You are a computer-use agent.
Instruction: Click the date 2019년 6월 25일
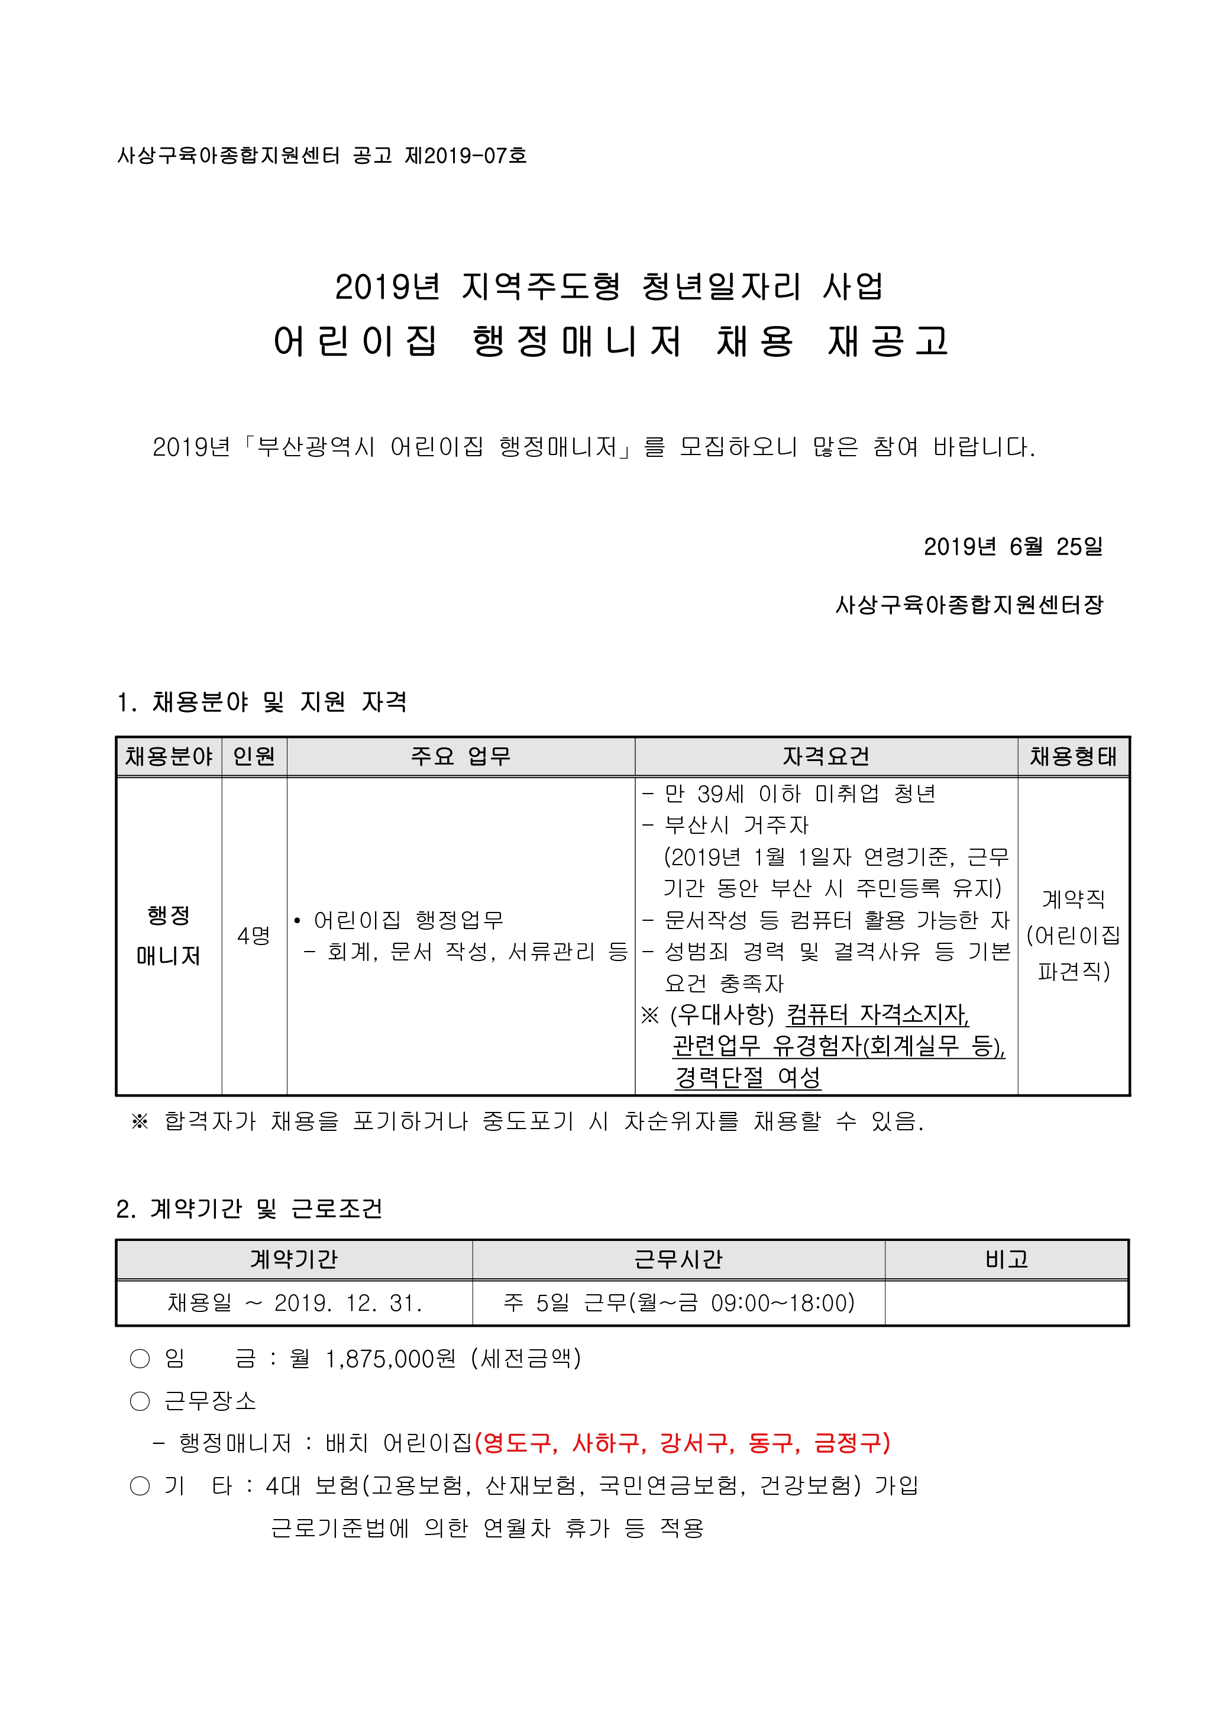tap(1012, 546)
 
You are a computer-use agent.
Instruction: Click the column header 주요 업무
tap(461, 756)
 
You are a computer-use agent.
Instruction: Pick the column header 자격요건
tap(826, 756)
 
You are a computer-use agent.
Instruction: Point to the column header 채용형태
tap(1073, 756)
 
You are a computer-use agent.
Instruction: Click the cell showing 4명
tap(254, 936)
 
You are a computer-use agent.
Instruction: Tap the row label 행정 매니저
tap(169, 936)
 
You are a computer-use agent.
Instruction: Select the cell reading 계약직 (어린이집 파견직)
tap(1073, 936)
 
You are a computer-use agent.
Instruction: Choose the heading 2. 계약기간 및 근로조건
tap(249, 1208)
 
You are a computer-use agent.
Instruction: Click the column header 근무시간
tap(678, 1259)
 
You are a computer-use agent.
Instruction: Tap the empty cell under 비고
tap(1006, 1303)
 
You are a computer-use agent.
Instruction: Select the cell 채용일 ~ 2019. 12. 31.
tap(294, 1303)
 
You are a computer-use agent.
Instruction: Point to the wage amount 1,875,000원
tap(390, 1359)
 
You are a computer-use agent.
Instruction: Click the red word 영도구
tap(516, 1443)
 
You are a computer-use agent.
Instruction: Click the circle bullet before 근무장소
tap(140, 1401)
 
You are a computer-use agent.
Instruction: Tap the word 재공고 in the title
tap(888, 341)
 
